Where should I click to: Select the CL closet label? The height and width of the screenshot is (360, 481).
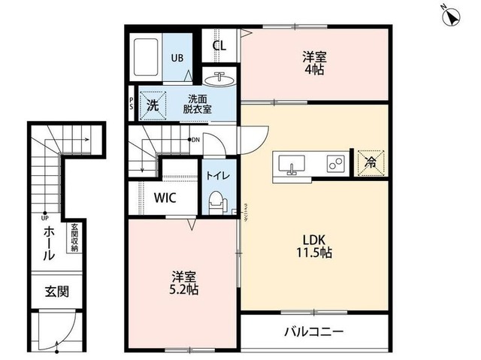(x=219, y=45)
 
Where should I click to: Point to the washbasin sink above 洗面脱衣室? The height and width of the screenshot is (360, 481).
(x=221, y=78)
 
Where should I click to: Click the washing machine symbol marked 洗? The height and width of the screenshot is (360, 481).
(x=152, y=105)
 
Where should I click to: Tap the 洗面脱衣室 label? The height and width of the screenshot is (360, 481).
(x=199, y=104)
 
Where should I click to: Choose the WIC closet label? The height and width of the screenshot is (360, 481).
(x=167, y=199)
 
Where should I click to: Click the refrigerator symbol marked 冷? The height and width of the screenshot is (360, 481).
(x=371, y=161)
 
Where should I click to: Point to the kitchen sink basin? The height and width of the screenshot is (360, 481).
(x=292, y=163)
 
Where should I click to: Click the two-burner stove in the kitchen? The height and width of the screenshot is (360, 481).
(x=334, y=162)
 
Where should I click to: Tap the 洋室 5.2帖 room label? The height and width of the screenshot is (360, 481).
(x=183, y=282)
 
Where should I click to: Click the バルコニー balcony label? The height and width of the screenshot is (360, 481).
(x=313, y=331)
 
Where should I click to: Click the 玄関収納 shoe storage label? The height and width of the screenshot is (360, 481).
(x=74, y=238)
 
